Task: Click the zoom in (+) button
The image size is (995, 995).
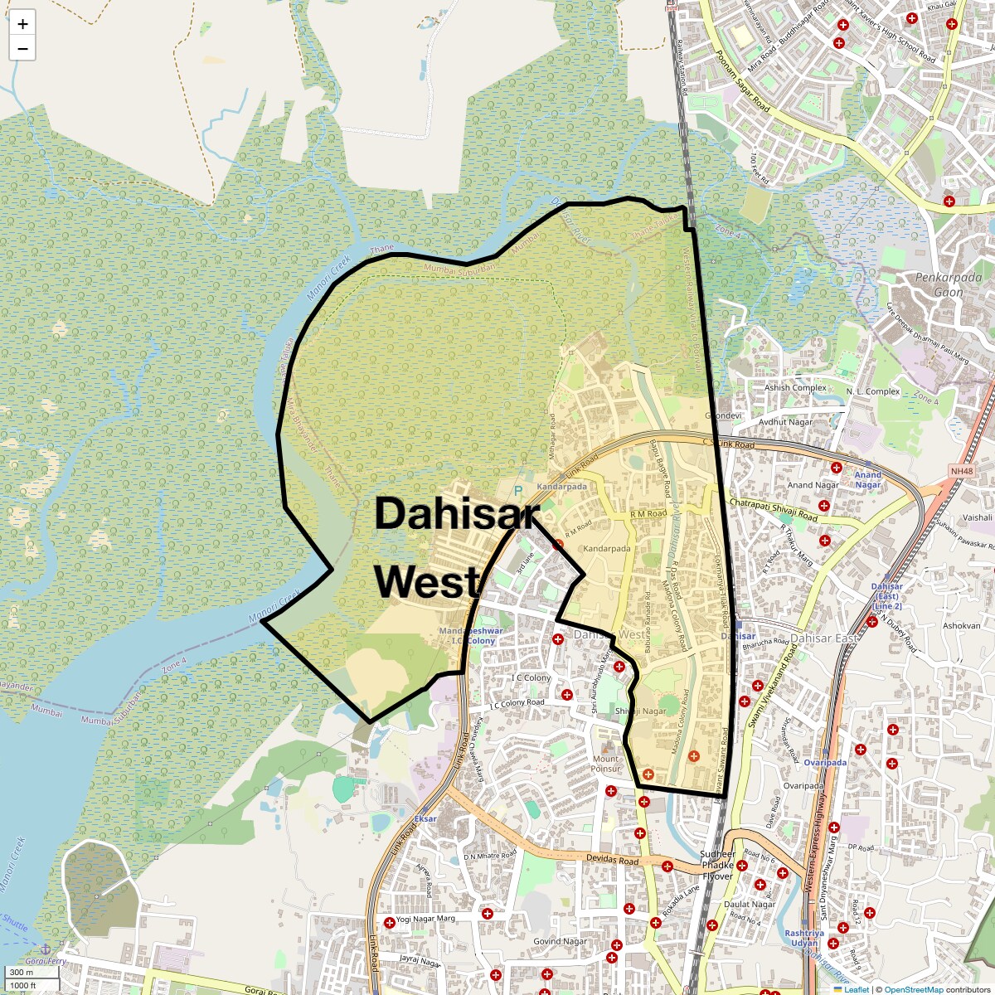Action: click(x=22, y=24)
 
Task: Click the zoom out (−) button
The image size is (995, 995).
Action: click(x=22, y=49)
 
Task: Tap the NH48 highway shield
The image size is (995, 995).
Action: click(x=961, y=472)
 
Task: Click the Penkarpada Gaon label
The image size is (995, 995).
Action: click(x=948, y=284)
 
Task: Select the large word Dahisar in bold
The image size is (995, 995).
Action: click(x=457, y=514)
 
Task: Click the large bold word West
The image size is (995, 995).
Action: click(x=427, y=582)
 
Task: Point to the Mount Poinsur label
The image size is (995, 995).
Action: click(x=605, y=764)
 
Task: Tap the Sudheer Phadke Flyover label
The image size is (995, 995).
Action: click(x=717, y=865)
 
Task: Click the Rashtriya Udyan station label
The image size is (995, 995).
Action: click(x=803, y=938)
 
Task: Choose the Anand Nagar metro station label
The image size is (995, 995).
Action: click(x=867, y=480)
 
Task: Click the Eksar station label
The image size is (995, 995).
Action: click(x=425, y=818)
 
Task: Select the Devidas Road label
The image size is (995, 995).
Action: click(x=613, y=860)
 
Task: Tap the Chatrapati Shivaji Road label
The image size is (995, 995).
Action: click(x=773, y=510)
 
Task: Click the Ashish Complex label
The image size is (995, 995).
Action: click(x=795, y=387)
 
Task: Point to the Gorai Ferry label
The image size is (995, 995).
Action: click(x=46, y=961)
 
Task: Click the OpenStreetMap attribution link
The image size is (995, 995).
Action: click(x=913, y=989)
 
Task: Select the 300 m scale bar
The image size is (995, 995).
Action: click(x=22, y=972)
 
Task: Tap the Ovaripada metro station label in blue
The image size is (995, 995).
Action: click(x=825, y=762)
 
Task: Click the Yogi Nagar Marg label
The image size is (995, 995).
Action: click(x=425, y=919)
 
